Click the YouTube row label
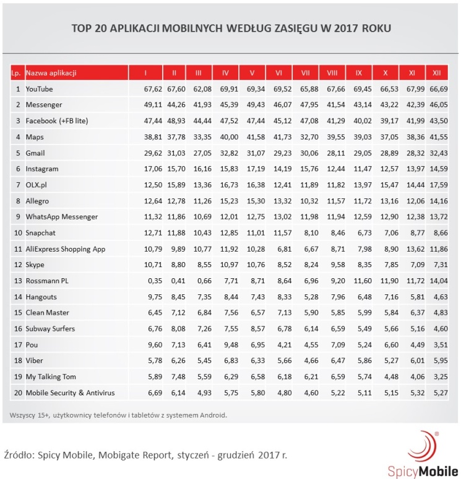[40, 89]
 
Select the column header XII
[436, 73]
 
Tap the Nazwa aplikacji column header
[51, 73]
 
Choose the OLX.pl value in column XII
[436, 185]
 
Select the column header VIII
[332, 73]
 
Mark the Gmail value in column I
[144, 153]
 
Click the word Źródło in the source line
[19, 456]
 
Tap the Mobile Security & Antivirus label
[70, 392]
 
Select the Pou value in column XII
[436, 344]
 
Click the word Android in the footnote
[210, 415]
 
